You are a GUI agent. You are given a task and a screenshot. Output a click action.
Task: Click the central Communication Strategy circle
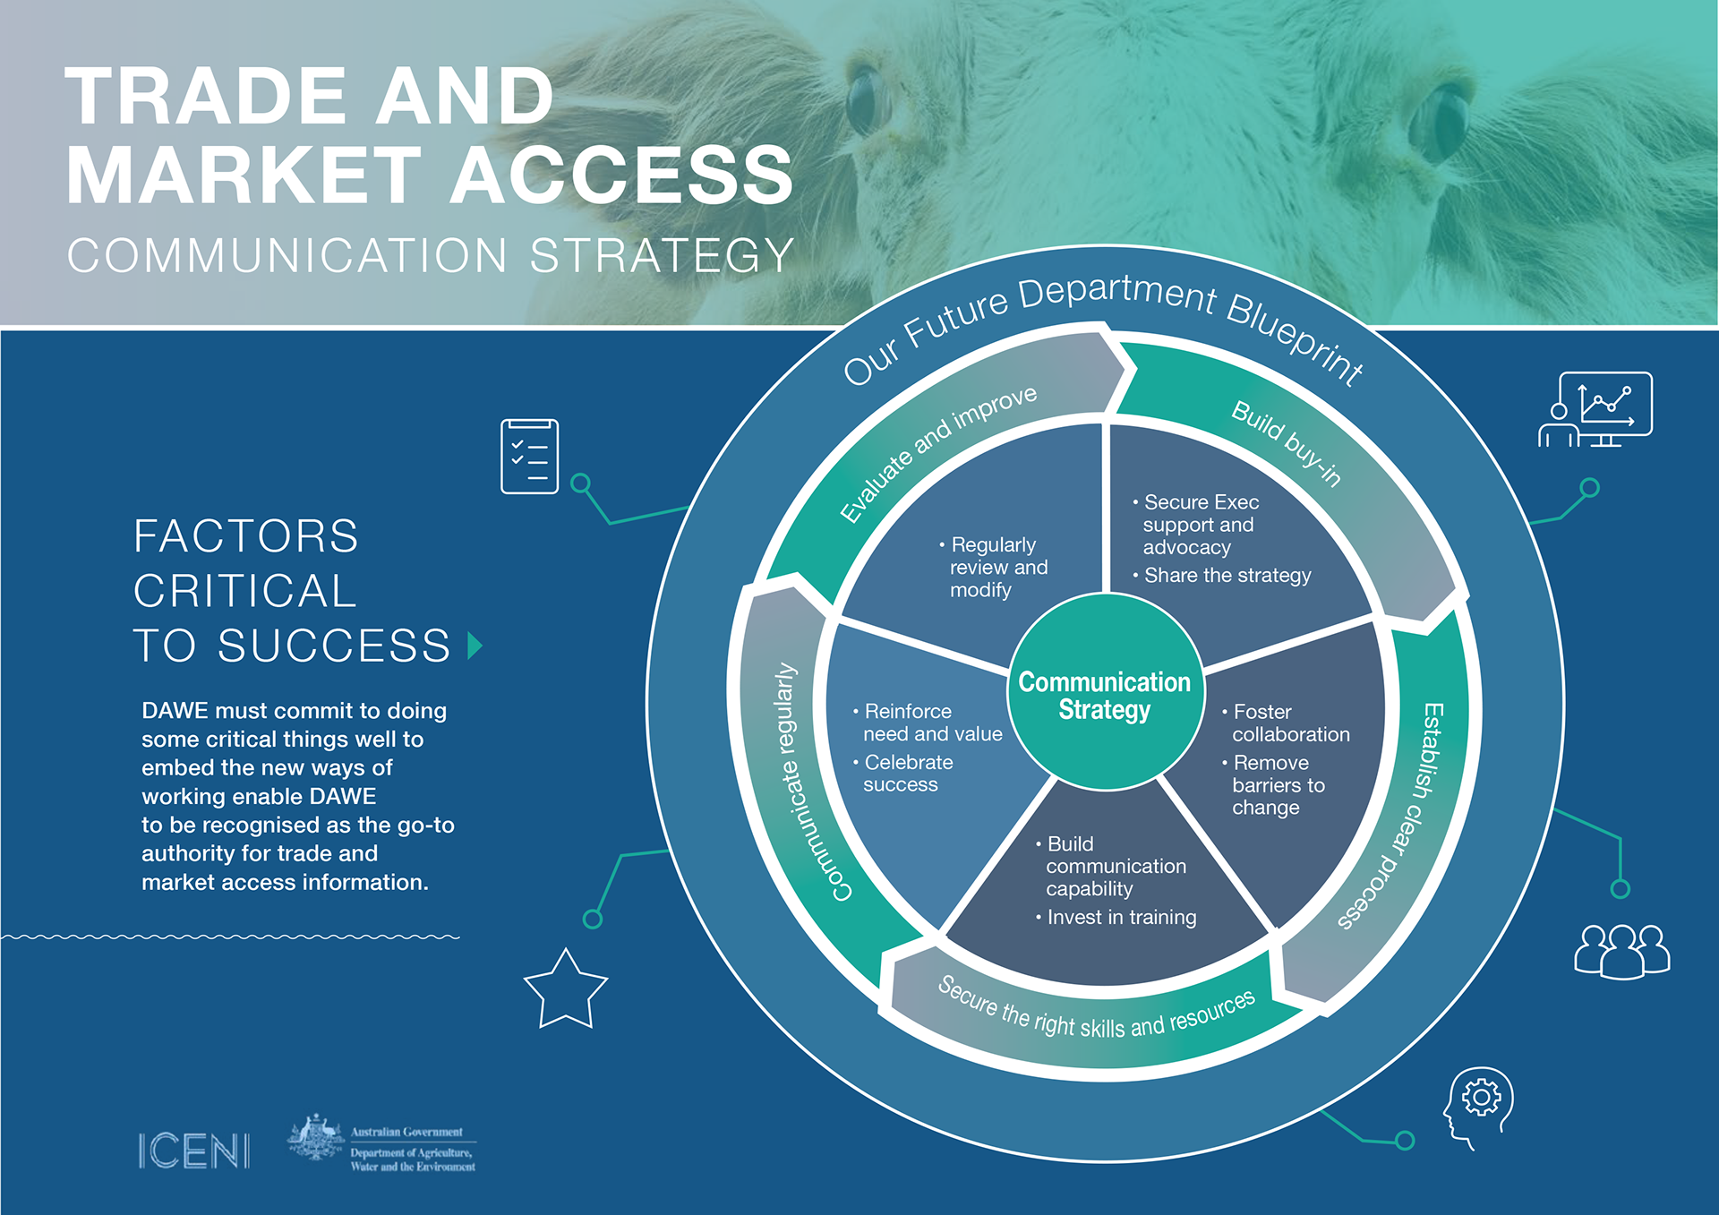pyautogui.click(x=1106, y=692)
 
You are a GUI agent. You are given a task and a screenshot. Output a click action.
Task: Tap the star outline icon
pyautogui.click(x=566, y=990)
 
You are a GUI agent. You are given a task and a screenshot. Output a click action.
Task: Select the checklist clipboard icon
pyautogui.click(x=529, y=457)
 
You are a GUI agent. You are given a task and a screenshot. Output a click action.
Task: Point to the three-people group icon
pyautogui.click(x=1621, y=951)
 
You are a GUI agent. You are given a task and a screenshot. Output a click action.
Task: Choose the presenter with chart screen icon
pyautogui.click(x=1595, y=409)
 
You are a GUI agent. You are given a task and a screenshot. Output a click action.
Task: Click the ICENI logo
pyautogui.click(x=194, y=1151)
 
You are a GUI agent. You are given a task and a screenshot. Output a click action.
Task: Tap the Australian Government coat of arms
pyautogui.click(x=315, y=1137)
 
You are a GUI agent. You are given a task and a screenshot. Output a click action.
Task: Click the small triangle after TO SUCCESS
pyautogui.click(x=475, y=645)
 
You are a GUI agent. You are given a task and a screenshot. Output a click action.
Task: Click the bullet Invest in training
pyautogui.click(x=1116, y=917)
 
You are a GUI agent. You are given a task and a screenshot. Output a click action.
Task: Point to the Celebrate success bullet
pyautogui.click(x=903, y=774)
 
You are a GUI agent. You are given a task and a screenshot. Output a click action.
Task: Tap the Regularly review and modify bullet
pyautogui.click(x=994, y=568)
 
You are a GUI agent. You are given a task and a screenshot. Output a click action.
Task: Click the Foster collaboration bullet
pyautogui.click(x=1287, y=723)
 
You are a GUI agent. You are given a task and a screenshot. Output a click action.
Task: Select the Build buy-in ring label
pyautogui.click(x=1287, y=443)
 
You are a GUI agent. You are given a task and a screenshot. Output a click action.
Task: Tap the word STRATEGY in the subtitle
pyautogui.click(x=663, y=256)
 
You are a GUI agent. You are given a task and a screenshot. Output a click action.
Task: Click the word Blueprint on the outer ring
pyautogui.click(x=1296, y=338)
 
